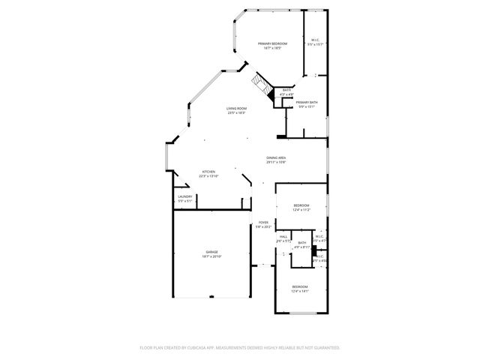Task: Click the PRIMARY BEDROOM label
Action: coord(272,43)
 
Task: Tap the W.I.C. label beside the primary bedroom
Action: coord(315,40)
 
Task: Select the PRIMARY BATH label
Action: coord(306,102)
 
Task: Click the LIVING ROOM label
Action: coord(237,109)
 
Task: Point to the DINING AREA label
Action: coord(276,157)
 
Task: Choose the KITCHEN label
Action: coord(208,172)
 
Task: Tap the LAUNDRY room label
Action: coord(184,196)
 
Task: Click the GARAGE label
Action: coord(211,252)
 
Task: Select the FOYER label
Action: coord(263,222)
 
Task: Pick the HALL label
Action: coord(283,236)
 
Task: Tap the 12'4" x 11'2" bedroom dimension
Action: coord(301,210)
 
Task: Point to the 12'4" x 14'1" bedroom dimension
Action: coord(299,292)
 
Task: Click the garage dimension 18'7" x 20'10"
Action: coord(211,256)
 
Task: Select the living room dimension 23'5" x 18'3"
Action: coord(237,113)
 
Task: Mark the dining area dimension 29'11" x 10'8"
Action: coord(276,162)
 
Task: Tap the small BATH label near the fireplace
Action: coord(286,90)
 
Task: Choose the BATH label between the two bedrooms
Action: coord(301,243)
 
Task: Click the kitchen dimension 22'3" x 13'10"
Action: coord(208,176)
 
